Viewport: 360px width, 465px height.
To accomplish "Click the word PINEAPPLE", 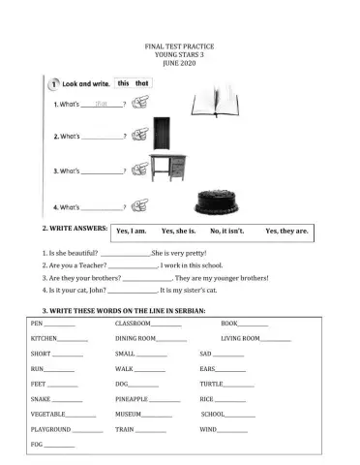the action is point(131,398).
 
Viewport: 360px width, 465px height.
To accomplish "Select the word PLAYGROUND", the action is point(50,428).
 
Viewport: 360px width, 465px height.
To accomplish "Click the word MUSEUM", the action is point(129,414).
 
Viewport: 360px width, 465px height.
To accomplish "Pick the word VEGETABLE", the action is point(48,414).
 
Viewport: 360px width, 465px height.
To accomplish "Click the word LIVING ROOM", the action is point(240,338).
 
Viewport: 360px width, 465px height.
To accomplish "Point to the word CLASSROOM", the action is point(134,323).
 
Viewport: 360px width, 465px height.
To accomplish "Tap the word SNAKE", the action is point(41,398).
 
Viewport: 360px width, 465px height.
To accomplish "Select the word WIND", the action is point(210,428).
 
